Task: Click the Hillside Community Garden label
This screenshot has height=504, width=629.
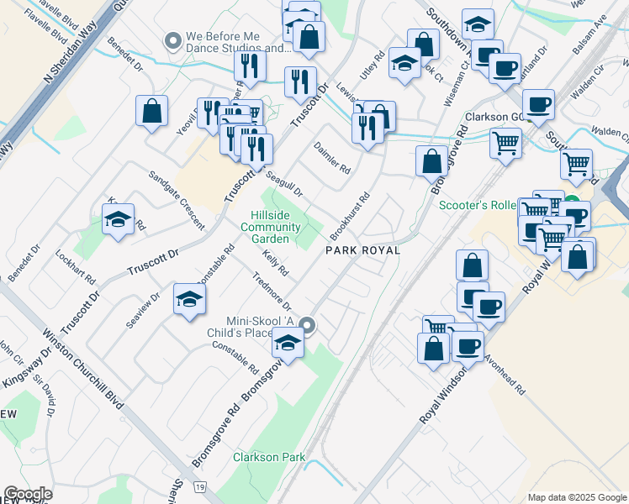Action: click(272, 225)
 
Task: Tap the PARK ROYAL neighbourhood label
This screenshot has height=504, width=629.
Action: click(362, 250)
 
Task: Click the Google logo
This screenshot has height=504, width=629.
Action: click(27, 494)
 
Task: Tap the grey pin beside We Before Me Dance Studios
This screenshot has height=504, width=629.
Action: click(174, 39)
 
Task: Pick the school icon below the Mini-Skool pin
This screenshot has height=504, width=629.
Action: click(288, 344)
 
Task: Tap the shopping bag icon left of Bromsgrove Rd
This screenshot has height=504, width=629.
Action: click(431, 161)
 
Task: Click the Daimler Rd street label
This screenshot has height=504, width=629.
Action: click(332, 157)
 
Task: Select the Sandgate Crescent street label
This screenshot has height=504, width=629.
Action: click(176, 200)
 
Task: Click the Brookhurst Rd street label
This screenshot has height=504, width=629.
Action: click(351, 215)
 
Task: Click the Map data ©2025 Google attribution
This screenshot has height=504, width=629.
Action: click(577, 496)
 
